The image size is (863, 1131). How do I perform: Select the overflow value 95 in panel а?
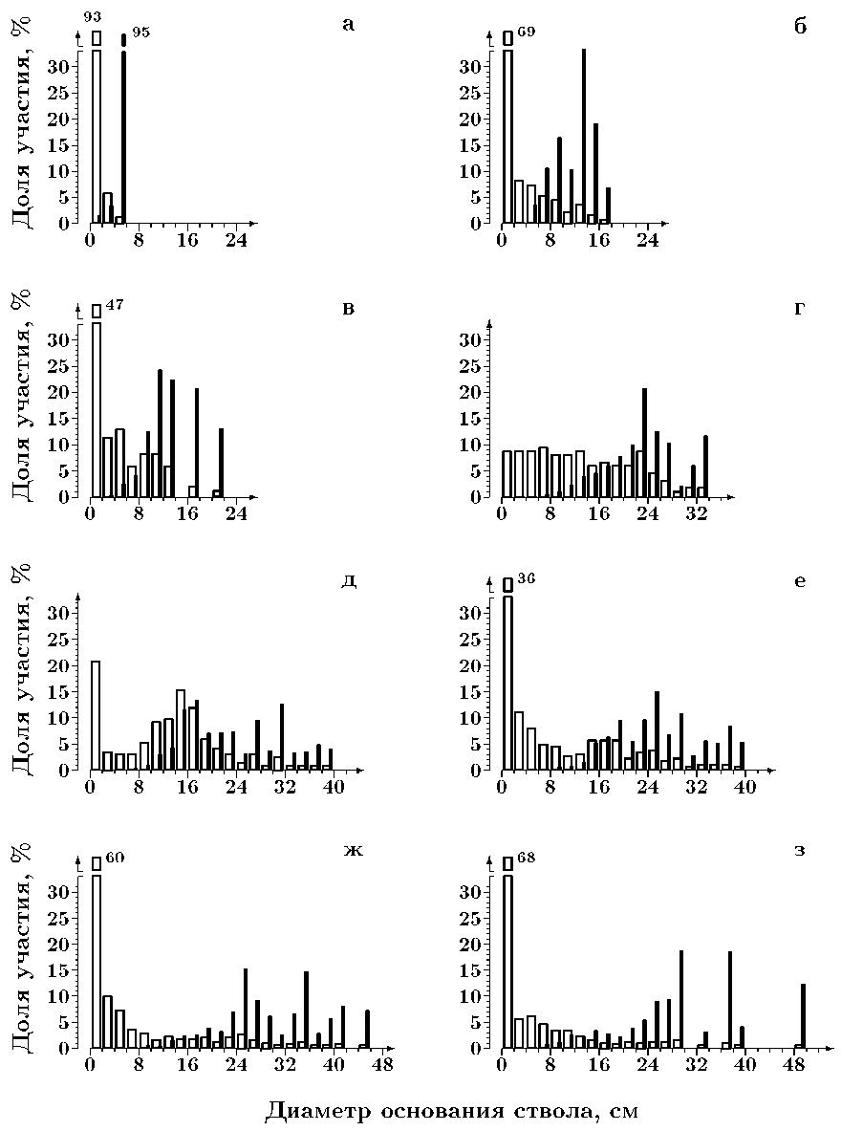click(140, 33)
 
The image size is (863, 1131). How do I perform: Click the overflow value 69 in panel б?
click(526, 33)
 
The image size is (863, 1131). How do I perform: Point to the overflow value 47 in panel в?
click(114, 306)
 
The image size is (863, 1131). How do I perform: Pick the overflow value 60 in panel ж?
click(114, 858)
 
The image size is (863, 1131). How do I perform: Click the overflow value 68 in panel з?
click(526, 858)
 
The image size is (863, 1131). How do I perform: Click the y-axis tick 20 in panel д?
click(67, 664)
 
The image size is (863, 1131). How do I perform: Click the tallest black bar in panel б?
click(583, 136)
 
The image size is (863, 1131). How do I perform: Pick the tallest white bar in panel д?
click(180, 729)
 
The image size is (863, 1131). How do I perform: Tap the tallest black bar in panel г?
click(644, 443)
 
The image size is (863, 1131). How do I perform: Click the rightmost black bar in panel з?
click(803, 1015)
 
